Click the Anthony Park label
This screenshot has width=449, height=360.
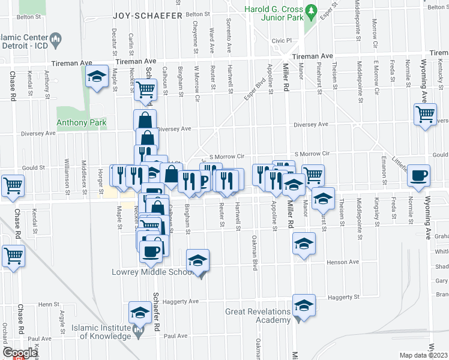point(81,123)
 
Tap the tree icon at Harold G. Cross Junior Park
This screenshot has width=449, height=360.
point(311,10)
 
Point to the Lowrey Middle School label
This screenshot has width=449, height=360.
point(152,272)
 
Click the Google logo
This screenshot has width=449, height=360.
point(20,353)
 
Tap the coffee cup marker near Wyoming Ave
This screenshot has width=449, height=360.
point(418,175)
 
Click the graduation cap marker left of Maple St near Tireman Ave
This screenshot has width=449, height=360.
point(96,77)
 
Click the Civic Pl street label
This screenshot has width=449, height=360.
point(281,41)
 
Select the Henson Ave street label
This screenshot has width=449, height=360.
point(343,262)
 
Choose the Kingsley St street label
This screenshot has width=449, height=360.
point(377,208)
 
